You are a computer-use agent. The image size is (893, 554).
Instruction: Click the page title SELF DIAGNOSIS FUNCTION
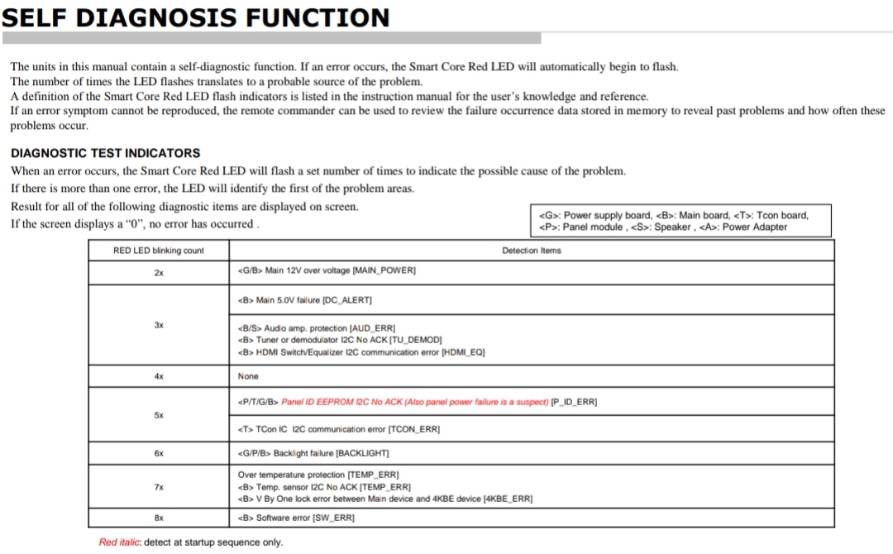[195, 17]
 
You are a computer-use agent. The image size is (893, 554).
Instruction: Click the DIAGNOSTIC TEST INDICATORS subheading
[105, 153]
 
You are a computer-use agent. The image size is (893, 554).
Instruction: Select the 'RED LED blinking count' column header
[158, 251]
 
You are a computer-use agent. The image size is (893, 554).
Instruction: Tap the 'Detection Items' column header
[531, 251]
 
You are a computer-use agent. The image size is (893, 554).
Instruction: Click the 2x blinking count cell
[158, 271]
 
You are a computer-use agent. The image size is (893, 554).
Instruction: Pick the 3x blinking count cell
[158, 325]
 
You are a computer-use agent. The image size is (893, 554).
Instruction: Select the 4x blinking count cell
[158, 376]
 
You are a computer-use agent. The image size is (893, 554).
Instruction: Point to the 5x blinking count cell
[158, 415]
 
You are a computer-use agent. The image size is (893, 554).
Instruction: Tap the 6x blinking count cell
[158, 453]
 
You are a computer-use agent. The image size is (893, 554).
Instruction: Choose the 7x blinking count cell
[158, 487]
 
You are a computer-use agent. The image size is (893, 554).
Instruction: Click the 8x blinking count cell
[158, 518]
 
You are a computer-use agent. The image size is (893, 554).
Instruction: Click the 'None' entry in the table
[248, 376]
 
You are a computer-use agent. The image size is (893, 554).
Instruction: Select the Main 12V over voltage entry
[327, 271]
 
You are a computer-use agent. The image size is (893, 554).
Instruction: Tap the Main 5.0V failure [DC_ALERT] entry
[305, 299]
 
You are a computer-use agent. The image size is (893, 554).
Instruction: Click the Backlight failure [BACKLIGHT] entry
[313, 453]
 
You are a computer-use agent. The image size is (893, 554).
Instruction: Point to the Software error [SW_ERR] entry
[296, 518]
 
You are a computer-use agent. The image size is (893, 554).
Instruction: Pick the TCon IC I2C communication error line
[339, 429]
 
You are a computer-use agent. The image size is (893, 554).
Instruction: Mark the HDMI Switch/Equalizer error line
[361, 352]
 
